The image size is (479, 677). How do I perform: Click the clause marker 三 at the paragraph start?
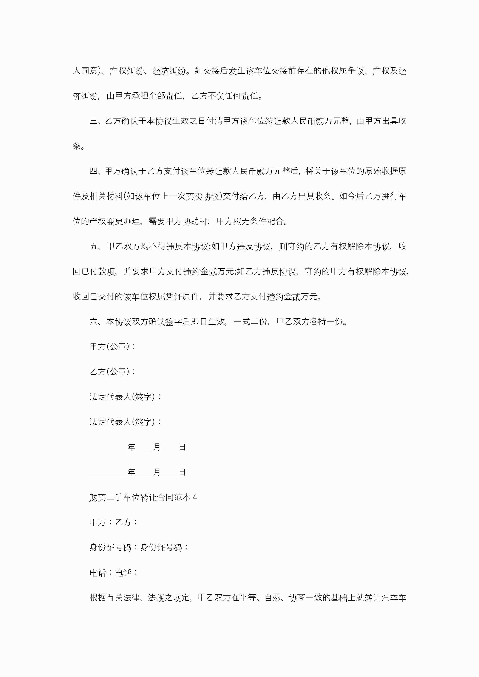click(93, 121)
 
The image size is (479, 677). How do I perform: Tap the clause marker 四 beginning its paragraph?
click(93, 171)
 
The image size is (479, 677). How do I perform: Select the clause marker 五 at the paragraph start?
click(93, 246)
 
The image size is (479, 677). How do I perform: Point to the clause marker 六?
click(93, 322)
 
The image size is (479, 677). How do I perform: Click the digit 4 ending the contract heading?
click(195, 498)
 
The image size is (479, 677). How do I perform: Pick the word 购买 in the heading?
click(98, 498)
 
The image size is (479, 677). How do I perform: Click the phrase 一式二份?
click(250, 322)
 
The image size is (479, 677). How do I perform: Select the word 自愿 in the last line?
click(273, 598)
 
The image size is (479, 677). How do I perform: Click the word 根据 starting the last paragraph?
click(98, 598)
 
